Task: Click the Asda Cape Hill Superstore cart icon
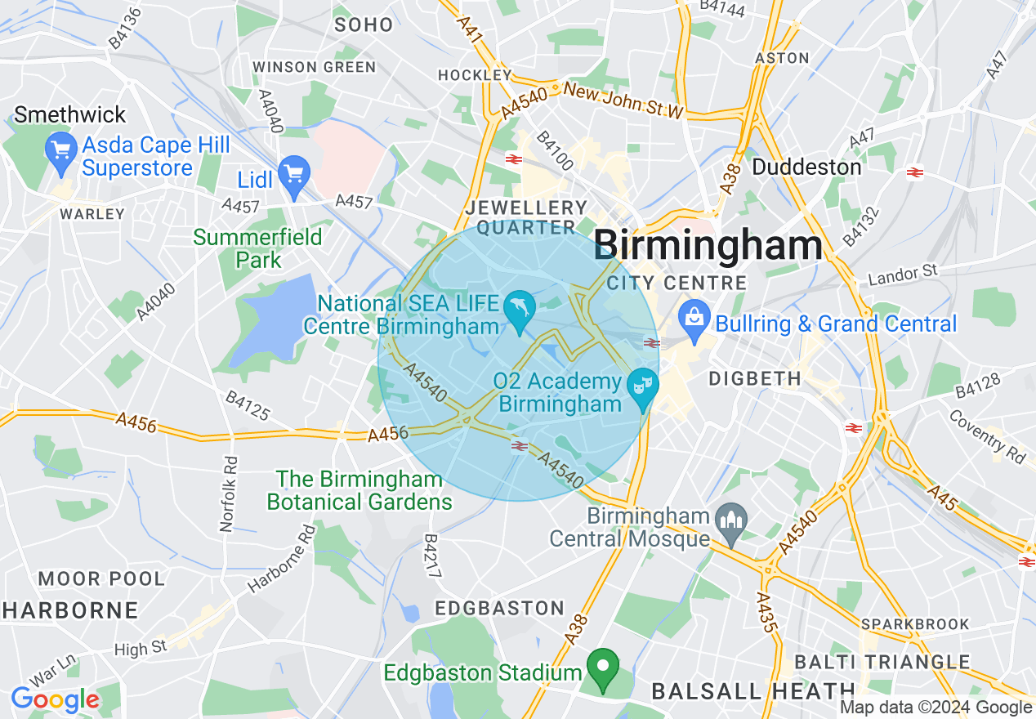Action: (62, 152)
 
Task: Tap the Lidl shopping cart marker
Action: (294, 176)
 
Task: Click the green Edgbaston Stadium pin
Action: (603, 668)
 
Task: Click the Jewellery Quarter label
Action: (526, 217)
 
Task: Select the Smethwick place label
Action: (70, 114)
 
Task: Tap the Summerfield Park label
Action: (258, 248)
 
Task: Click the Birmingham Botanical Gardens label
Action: (359, 489)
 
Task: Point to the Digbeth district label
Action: (755, 378)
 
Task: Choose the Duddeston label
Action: (806, 167)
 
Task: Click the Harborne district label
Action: (70, 610)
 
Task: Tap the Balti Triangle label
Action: (882, 662)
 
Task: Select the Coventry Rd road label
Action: (986, 435)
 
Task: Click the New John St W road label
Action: (622, 100)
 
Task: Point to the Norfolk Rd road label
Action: (228, 493)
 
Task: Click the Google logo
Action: (55, 699)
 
